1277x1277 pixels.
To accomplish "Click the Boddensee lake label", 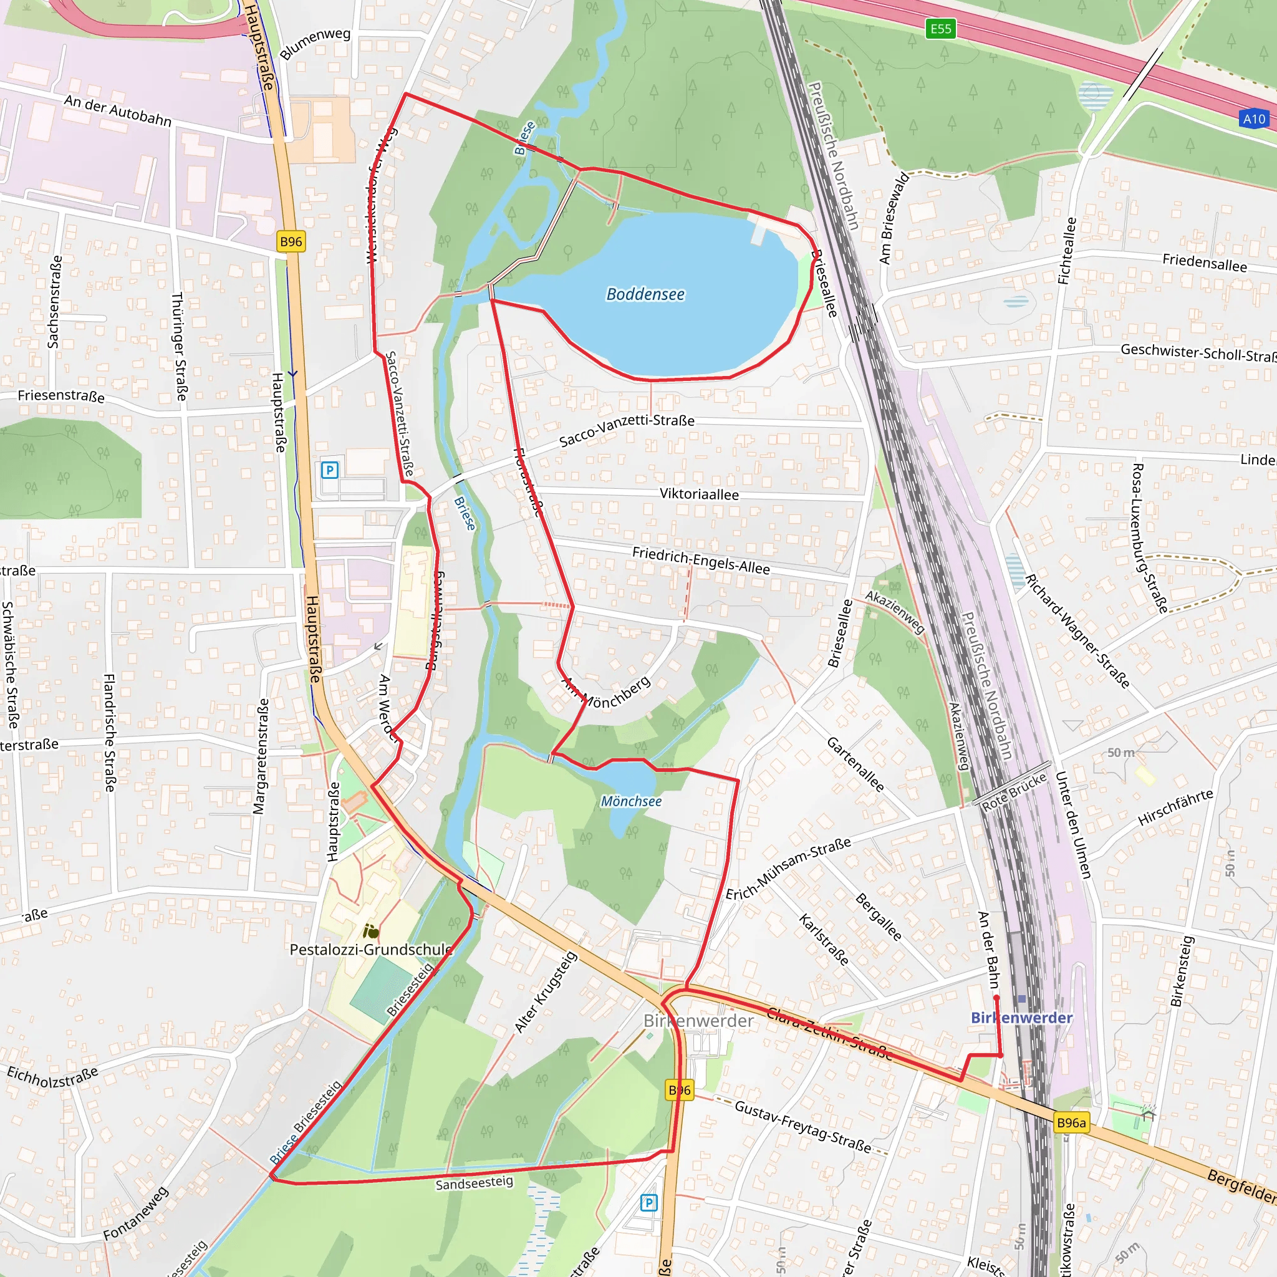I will click(645, 294).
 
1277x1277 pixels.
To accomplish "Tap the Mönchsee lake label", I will click(630, 801).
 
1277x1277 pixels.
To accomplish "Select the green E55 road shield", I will click(940, 29).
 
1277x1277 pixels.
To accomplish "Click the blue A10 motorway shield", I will click(1254, 119).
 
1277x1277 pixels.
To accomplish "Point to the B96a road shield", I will click(1071, 1122).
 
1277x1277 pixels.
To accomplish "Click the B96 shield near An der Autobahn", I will click(291, 242).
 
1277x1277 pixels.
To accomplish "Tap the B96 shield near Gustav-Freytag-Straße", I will click(680, 1090).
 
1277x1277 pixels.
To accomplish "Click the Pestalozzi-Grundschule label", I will click(371, 949).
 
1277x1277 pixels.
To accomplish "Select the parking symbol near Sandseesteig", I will click(648, 1202).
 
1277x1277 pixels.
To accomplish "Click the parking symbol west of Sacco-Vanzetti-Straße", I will click(329, 470).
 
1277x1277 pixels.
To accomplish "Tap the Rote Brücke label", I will click(1014, 792).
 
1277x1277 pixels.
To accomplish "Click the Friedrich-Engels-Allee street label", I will click(701, 561).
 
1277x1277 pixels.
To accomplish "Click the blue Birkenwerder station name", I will click(1021, 1018).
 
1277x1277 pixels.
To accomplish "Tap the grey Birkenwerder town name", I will click(698, 1021).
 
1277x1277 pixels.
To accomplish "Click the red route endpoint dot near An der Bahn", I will click(996, 998).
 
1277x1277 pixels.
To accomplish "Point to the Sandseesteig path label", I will click(474, 1183).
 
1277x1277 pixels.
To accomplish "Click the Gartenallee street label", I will click(855, 764).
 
